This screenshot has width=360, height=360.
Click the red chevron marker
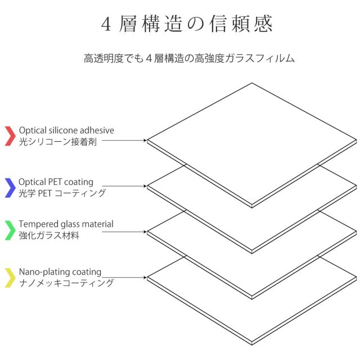coord(10,136)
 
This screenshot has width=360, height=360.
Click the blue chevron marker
coord(10,187)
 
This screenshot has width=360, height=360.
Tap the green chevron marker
coord(10,229)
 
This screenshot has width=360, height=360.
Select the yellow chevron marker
coord(10,277)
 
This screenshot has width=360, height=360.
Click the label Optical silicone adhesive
coord(66,130)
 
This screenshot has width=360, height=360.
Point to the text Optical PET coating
coord(56,182)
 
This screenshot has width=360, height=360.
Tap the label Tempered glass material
coord(66,224)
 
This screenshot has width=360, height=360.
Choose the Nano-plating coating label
coord(60,272)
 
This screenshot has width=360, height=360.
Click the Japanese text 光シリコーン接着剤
coord(58,142)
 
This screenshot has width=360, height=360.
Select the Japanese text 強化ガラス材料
coord(49,236)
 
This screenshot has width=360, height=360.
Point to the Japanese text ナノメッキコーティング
coord(66,283)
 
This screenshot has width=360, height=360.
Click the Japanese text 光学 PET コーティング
coord(62,193)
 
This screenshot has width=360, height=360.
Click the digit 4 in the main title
coord(107,24)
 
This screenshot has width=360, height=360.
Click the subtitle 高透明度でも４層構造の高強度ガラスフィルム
coord(190,58)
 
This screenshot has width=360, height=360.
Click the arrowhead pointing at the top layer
coord(145,140)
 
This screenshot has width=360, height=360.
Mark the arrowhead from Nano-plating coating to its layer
coord(145,277)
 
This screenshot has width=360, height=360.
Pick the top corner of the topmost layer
coord(252,83)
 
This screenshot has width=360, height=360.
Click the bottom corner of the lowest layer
coord(251,344)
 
